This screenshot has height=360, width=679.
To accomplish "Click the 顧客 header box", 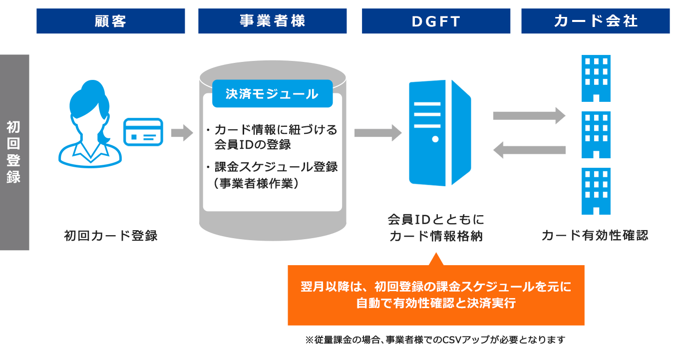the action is [x=111, y=21].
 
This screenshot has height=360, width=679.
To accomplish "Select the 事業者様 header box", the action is [x=272, y=21].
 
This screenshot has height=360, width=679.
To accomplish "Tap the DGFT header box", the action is [x=436, y=21].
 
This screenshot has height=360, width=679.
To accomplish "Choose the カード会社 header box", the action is [x=595, y=21].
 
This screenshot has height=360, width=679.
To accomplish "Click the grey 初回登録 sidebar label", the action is [x=14, y=152].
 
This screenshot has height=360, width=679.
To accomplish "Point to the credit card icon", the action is [x=143, y=132].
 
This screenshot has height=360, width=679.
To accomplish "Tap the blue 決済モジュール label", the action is [x=272, y=93].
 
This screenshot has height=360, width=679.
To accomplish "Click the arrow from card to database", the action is [x=182, y=133].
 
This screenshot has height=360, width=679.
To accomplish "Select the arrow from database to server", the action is [x=378, y=133].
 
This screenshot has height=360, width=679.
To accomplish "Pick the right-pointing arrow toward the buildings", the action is [x=529, y=116].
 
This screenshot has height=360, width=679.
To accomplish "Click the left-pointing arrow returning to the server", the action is [x=529, y=150].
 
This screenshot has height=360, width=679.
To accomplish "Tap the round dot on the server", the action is [x=435, y=139].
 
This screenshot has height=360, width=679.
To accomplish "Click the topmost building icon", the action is [x=596, y=78].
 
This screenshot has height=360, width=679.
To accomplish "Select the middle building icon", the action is [x=596, y=135].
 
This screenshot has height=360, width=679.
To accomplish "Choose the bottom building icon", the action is [x=596, y=191].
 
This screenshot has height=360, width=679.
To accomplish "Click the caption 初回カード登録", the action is [x=111, y=236].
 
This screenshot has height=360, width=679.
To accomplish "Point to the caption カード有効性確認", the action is [x=595, y=235].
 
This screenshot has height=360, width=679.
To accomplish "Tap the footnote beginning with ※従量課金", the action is [x=435, y=340].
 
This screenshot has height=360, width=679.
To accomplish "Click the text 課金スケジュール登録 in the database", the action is [x=276, y=167].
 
